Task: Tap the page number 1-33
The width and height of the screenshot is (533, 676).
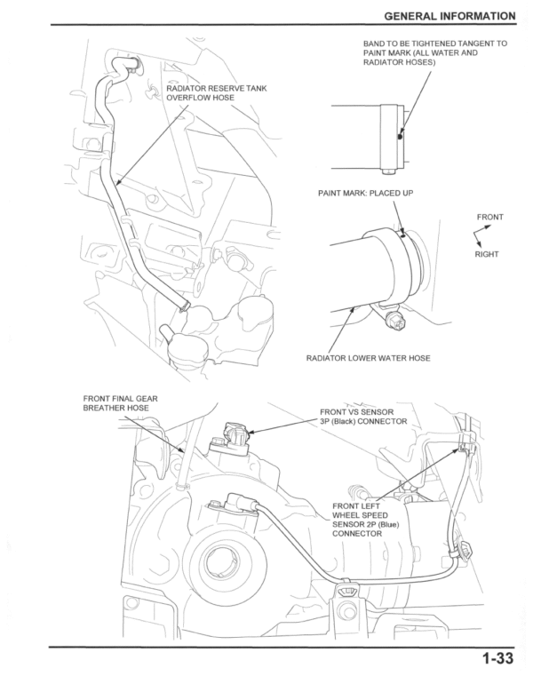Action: (x=499, y=659)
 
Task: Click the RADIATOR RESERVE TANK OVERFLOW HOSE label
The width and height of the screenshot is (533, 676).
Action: (x=216, y=93)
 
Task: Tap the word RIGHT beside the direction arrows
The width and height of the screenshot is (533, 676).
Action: (x=486, y=254)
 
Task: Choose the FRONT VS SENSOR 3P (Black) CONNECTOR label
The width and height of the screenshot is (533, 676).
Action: (x=362, y=417)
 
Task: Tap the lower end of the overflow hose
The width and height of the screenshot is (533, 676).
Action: (x=182, y=305)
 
